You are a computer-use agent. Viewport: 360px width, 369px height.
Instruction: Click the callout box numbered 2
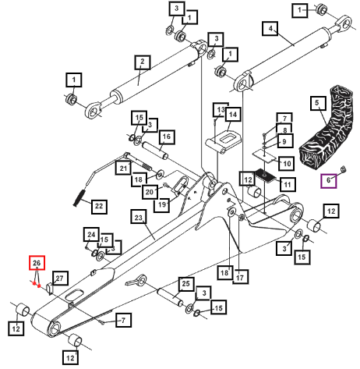(x=143, y=62)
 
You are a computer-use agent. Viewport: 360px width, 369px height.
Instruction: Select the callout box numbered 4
(x=270, y=28)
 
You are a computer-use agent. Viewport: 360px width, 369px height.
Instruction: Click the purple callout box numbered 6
(x=329, y=181)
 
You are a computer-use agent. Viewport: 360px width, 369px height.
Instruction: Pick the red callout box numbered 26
(x=37, y=263)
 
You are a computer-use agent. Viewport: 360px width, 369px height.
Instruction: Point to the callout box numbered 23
(x=139, y=217)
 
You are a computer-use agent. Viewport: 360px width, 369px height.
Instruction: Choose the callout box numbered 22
(x=99, y=207)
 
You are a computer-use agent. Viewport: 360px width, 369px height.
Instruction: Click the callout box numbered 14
(x=233, y=115)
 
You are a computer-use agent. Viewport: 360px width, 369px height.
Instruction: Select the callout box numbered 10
(x=287, y=163)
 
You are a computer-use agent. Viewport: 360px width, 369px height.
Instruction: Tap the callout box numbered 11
(x=287, y=185)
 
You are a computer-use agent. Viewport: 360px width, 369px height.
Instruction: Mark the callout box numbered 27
(x=60, y=279)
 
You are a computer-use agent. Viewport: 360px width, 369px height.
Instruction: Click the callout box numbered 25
(x=186, y=284)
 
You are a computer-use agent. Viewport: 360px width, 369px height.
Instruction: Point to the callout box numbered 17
(x=240, y=277)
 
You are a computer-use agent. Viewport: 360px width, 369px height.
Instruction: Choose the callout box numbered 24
(x=91, y=235)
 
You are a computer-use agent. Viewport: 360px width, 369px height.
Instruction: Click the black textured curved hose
(x=327, y=130)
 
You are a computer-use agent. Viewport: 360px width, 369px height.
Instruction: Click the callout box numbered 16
(x=167, y=137)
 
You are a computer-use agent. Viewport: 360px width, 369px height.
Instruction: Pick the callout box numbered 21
(x=123, y=168)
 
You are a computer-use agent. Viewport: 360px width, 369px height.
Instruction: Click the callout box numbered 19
(x=162, y=204)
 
